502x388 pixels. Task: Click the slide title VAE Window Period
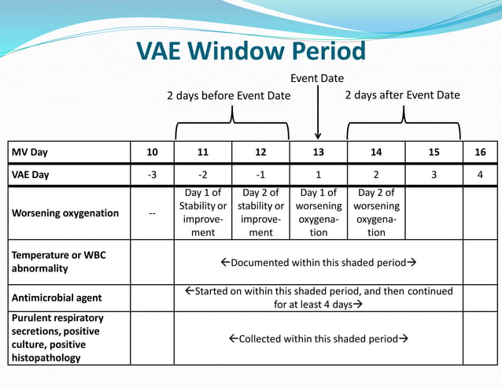(x=251, y=51)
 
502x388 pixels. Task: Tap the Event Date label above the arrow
(x=317, y=78)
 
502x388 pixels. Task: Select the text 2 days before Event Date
(x=228, y=95)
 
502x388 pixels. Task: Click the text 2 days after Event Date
(x=402, y=94)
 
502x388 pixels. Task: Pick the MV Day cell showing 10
(x=152, y=152)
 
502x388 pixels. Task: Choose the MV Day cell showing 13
(x=318, y=152)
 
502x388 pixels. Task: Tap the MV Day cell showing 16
(x=480, y=152)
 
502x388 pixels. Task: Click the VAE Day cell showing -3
(x=152, y=175)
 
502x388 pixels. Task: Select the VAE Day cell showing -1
(x=260, y=175)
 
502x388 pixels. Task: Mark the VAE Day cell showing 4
(x=480, y=175)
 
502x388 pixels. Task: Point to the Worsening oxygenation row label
(x=65, y=213)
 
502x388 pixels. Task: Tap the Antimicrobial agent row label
(x=57, y=298)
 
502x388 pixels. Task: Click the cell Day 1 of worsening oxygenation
(x=318, y=212)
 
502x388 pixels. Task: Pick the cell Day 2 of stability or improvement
(x=260, y=212)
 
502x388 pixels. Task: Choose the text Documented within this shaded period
(x=318, y=262)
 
